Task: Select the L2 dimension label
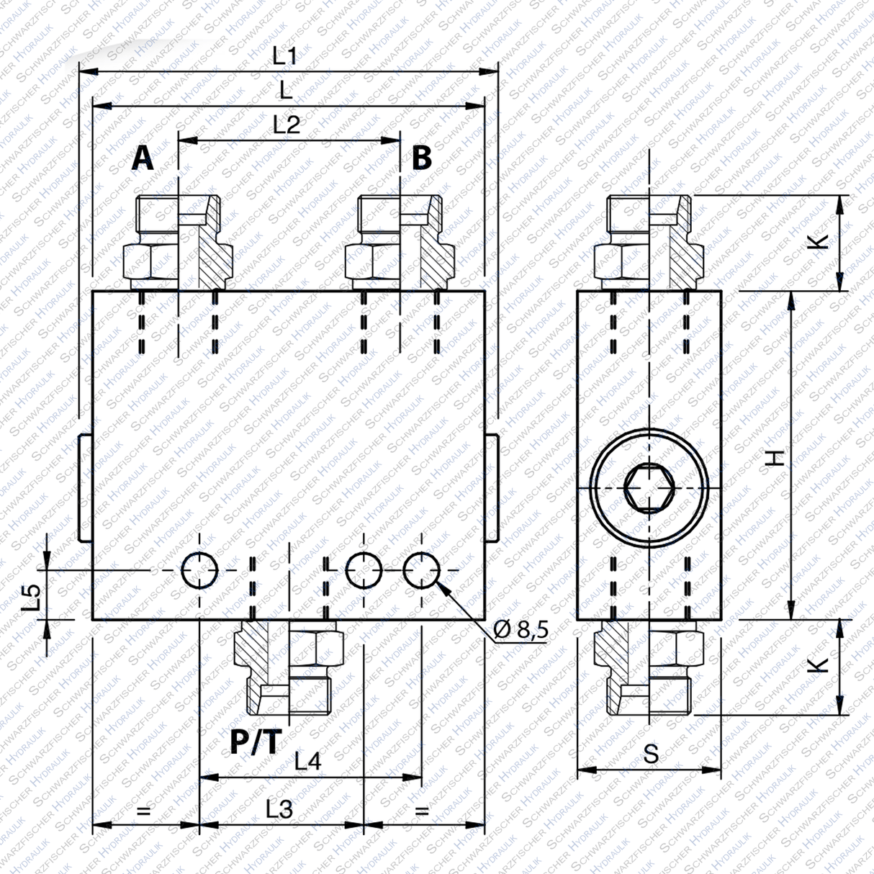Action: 286,125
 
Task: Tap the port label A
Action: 143,158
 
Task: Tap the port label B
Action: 421,158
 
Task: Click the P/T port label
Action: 254,742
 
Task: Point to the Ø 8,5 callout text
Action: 521,630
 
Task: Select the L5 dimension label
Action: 31,597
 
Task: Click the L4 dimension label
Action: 307,761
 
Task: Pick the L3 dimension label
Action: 279,809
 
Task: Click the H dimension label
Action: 774,456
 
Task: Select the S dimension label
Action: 651,754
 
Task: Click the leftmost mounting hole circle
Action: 199,571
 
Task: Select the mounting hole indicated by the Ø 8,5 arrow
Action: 421,571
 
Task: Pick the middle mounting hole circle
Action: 364,571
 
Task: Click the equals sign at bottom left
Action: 144,811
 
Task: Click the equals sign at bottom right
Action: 423,811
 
